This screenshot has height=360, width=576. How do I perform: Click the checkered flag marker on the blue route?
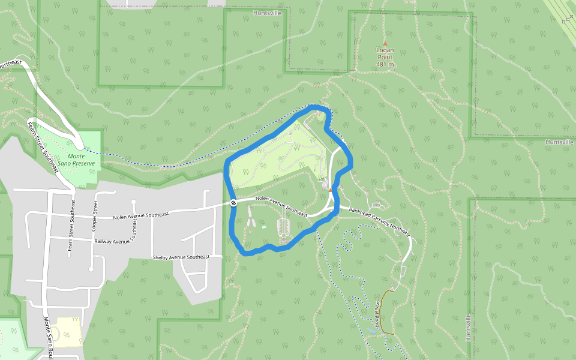[233, 203]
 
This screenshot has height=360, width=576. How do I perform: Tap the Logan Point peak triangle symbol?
[385, 43]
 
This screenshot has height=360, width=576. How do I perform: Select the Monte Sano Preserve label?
[81, 160]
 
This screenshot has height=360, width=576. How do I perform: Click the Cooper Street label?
[95, 215]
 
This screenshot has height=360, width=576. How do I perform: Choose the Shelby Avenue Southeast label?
[181, 257]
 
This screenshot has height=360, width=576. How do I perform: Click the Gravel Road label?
[380, 311]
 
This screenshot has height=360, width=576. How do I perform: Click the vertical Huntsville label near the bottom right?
[469, 328]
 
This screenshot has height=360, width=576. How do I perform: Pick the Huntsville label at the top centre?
[267, 13]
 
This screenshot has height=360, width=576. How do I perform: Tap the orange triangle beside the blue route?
[331, 190]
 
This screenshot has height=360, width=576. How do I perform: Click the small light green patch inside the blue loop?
[263, 227]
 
